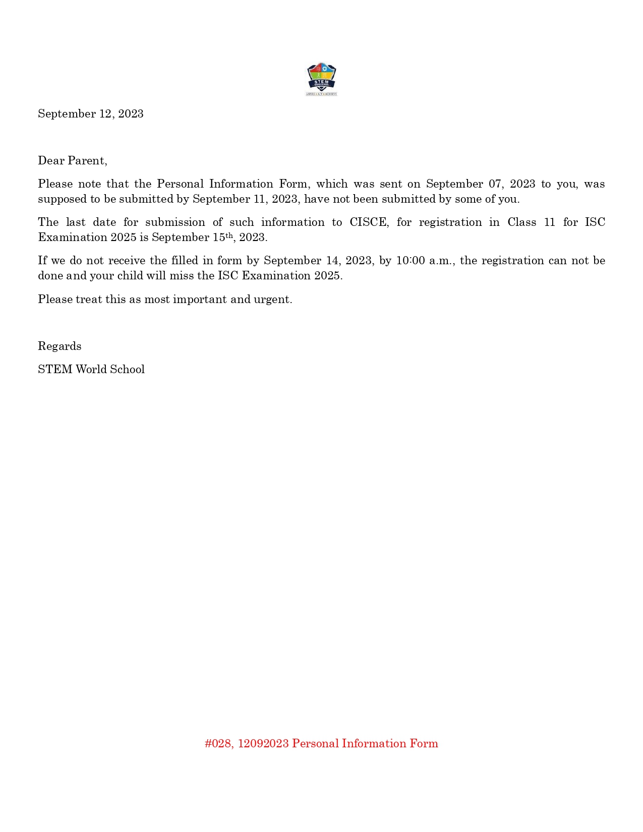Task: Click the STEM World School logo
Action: (x=321, y=79)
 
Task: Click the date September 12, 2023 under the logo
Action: (x=91, y=114)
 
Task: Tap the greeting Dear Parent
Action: (x=72, y=161)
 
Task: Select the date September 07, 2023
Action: (x=481, y=184)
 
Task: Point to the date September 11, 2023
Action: (x=246, y=199)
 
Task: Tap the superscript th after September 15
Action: (x=229, y=235)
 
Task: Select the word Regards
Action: (x=60, y=346)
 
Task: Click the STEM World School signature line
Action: (x=91, y=370)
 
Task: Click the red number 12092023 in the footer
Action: (x=263, y=744)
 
